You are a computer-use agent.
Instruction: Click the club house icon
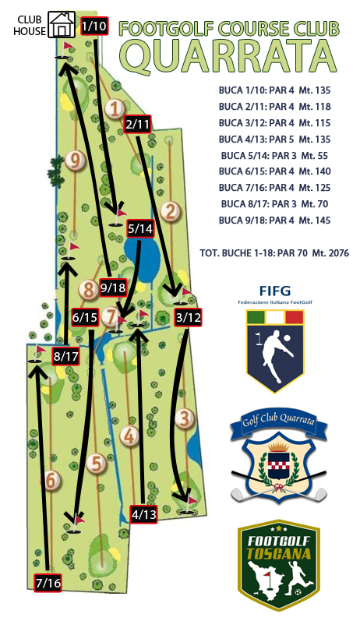(x=62, y=24)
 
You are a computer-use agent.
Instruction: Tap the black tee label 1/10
(x=94, y=26)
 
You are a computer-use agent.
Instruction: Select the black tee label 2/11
(x=138, y=125)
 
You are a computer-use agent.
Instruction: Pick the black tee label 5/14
(x=140, y=229)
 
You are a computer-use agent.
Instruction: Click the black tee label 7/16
(x=48, y=583)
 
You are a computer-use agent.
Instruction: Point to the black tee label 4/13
(x=143, y=514)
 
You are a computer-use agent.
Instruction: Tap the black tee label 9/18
(x=112, y=288)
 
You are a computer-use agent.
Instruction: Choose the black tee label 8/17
(x=65, y=357)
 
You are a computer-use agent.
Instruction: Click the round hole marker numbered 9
(x=75, y=161)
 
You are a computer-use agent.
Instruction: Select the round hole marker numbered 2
(x=170, y=212)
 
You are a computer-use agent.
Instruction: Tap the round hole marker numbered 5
(x=97, y=464)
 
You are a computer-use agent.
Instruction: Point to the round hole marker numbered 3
(x=185, y=418)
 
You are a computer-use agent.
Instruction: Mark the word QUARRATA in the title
(x=230, y=57)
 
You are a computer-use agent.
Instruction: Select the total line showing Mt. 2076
(x=274, y=253)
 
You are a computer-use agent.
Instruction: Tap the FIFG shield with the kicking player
(x=275, y=351)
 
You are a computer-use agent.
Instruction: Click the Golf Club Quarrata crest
(x=279, y=455)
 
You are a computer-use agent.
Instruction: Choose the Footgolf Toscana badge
(x=279, y=566)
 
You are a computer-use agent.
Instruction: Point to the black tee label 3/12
(x=188, y=318)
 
